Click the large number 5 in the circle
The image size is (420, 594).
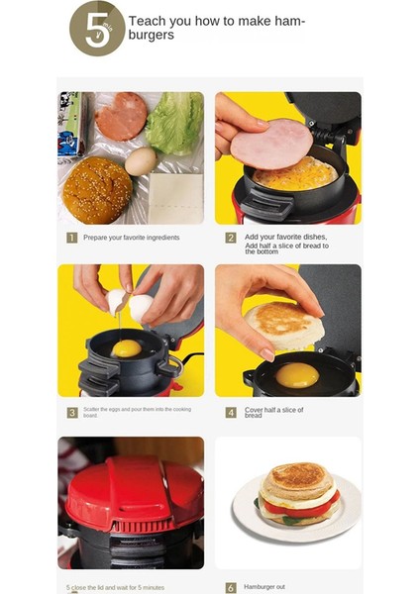(95, 30)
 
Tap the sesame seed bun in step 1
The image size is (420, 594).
(97, 189)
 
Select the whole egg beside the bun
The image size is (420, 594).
(140, 160)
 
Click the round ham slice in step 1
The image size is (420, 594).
(121, 116)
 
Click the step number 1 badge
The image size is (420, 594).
(72, 238)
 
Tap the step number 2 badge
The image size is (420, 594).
(230, 238)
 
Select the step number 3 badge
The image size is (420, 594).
(72, 412)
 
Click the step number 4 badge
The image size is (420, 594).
(230, 411)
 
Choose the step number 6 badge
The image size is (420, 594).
(230, 587)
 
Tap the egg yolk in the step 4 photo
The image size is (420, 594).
(296, 374)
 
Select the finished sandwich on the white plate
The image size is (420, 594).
(298, 500)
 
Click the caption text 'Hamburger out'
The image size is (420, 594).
(265, 587)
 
